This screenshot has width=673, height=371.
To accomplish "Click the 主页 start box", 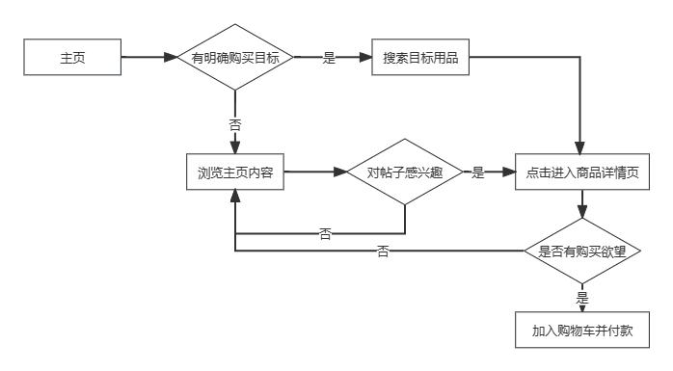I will (72, 58).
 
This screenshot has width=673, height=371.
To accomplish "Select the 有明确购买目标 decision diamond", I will (234, 58).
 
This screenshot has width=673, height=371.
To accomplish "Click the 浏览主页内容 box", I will (234, 173).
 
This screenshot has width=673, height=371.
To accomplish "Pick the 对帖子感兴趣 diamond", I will (404, 173).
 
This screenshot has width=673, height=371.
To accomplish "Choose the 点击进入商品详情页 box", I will (582, 173).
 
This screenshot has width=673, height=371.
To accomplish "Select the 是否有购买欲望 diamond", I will (582, 252).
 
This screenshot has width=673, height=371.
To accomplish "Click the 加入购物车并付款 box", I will (582, 331).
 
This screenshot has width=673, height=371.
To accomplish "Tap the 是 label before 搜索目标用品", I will (328, 58).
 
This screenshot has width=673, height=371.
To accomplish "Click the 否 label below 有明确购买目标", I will (234, 124).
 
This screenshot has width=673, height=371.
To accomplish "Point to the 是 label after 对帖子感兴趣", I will (477, 173).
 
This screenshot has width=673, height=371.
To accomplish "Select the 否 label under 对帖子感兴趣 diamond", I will (324, 233).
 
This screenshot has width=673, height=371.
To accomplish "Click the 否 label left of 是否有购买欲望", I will (383, 252).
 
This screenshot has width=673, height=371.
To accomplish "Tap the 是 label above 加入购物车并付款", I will (582, 298).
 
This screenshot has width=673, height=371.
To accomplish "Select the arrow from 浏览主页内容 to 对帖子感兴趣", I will (313, 173).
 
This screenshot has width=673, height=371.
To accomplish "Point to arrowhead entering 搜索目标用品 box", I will (365, 58).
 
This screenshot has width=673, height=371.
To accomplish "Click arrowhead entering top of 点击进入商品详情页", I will (582, 146).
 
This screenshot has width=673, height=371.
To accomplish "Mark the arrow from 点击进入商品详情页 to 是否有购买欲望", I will (582, 204).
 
